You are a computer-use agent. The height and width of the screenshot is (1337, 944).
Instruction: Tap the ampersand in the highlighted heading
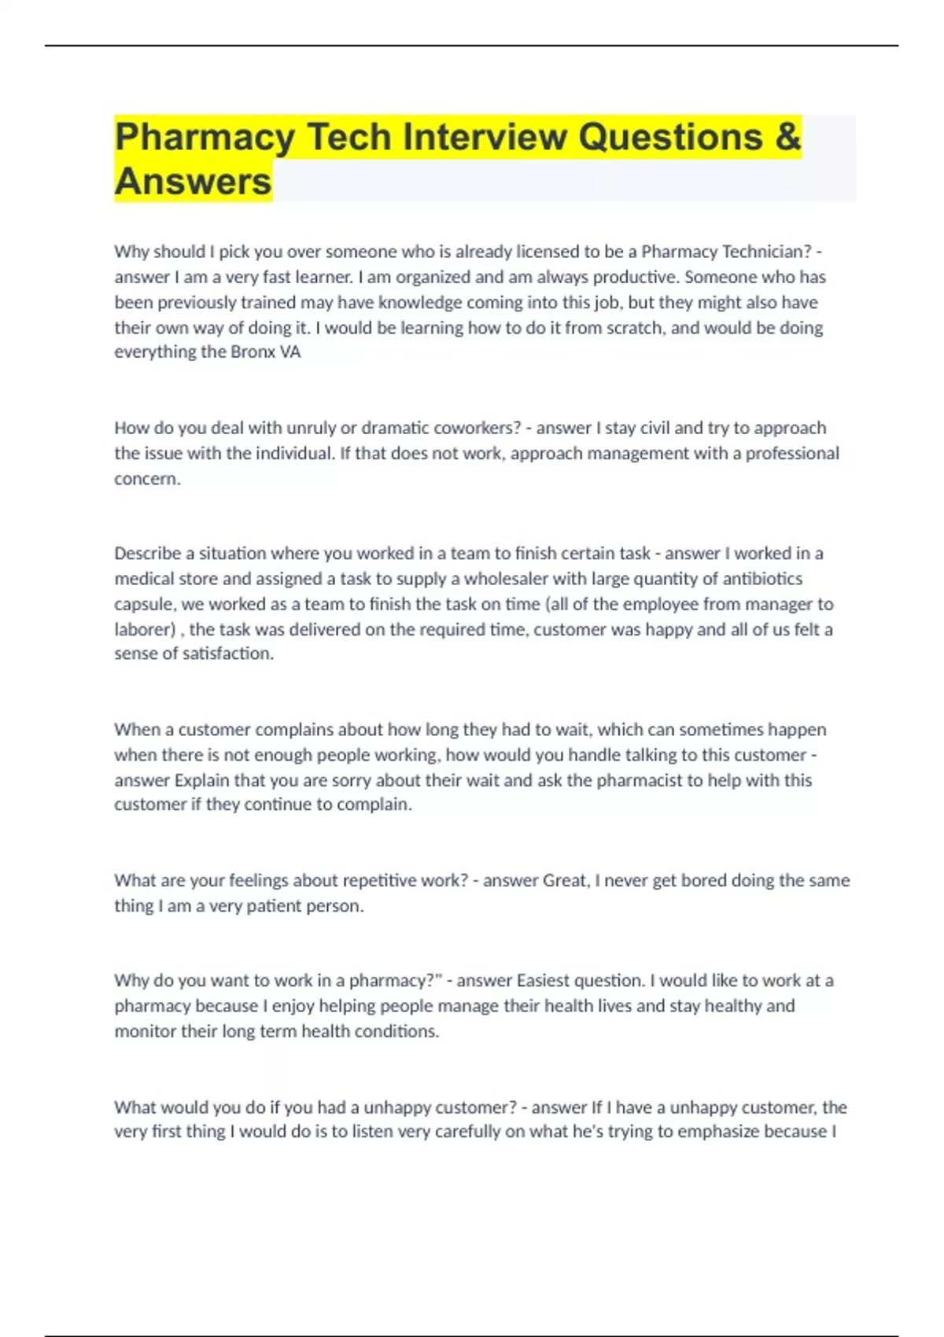pyautogui.click(x=787, y=137)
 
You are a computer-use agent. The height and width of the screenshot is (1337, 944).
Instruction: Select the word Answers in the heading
pyautogui.click(x=194, y=182)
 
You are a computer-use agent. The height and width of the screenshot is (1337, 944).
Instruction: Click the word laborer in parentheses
pyautogui.click(x=142, y=629)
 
